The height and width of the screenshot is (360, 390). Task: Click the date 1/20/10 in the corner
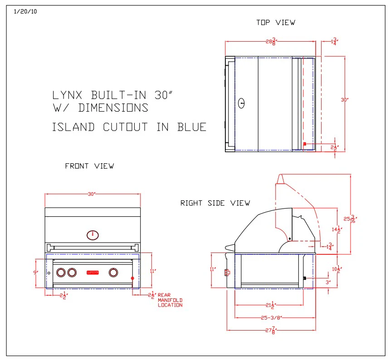pyautogui.click(x=25, y=12)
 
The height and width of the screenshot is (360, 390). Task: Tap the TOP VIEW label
pyautogui.click(x=275, y=22)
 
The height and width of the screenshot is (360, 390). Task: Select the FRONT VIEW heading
pyautogui.click(x=89, y=166)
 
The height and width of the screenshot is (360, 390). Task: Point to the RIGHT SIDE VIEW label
pyautogui.click(x=215, y=203)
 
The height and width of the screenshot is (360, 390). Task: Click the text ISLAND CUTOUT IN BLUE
pyautogui.click(x=129, y=127)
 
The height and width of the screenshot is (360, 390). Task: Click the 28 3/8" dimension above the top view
pyautogui.click(x=271, y=42)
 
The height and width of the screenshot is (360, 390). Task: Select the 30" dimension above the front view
pyautogui.click(x=92, y=194)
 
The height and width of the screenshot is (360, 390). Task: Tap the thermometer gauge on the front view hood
pyautogui.click(x=92, y=235)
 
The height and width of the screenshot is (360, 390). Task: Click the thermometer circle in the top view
pyautogui.click(x=242, y=103)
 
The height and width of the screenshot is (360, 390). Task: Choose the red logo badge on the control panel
pyautogui.click(x=93, y=272)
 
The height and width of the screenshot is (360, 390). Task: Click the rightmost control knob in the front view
pyautogui.click(x=113, y=272)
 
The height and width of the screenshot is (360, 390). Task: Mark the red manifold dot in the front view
pyautogui.click(x=133, y=278)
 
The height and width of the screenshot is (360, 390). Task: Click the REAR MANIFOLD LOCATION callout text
pyautogui.click(x=170, y=300)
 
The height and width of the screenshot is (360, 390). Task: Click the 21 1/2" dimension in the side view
pyautogui.click(x=271, y=305)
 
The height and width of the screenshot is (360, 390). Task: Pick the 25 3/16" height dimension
pyautogui.click(x=350, y=219)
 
